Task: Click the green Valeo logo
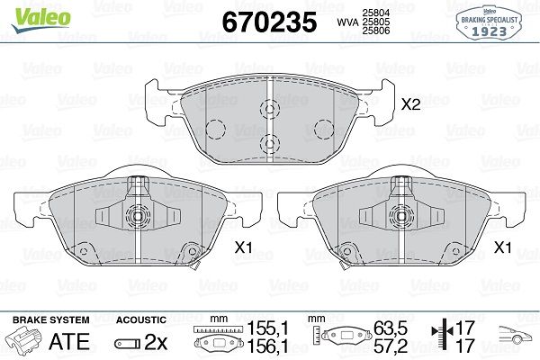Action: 41,19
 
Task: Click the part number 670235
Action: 269,22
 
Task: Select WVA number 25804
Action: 376,13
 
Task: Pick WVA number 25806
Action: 376,31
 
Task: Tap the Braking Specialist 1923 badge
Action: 489,23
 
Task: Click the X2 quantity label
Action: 411,104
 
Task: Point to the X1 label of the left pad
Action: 244,247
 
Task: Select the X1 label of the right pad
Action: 502,247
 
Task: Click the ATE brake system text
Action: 69,341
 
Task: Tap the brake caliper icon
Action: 23,341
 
